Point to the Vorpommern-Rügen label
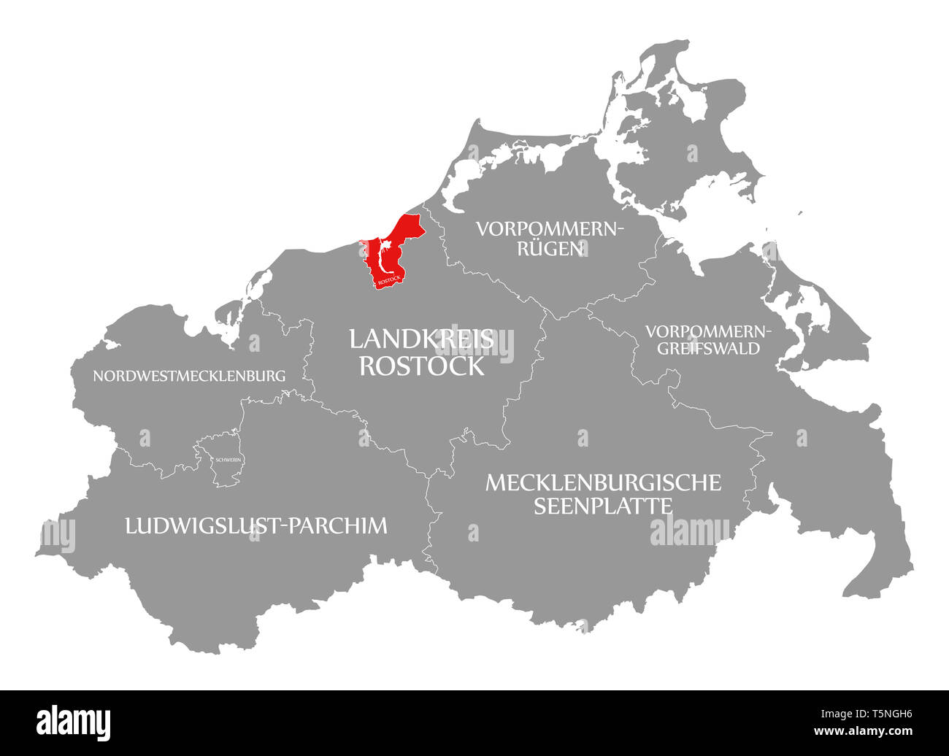(x=550, y=239)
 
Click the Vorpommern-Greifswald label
(x=708, y=339)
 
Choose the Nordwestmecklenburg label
(x=189, y=377)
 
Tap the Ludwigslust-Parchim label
(x=256, y=525)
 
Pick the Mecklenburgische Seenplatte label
(x=603, y=493)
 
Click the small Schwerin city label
(x=228, y=460)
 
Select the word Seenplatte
(x=603, y=506)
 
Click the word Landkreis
(x=421, y=339)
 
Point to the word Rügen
(x=550, y=249)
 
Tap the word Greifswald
(x=708, y=348)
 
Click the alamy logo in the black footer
(x=74, y=722)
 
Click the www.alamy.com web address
(x=866, y=731)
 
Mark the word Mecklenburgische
(x=603, y=482)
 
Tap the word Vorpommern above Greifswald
(x=708, y=331)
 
